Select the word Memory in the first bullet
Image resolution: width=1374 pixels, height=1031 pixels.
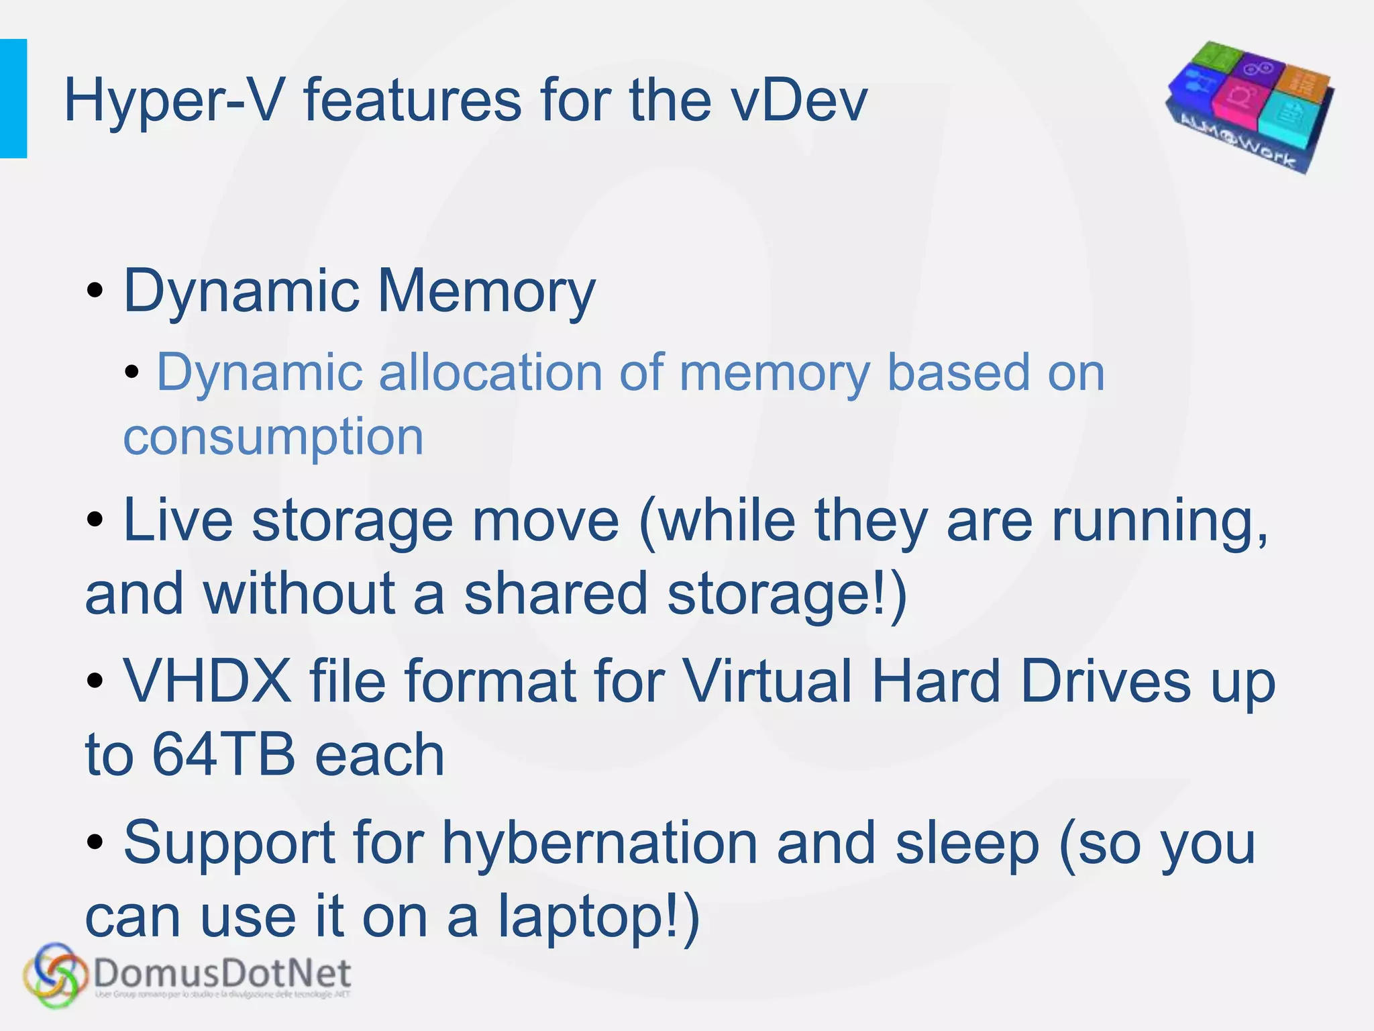[x=486, y=291]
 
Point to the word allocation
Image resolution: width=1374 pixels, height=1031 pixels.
[x=490, y=373]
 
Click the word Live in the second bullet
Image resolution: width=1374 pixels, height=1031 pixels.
[x=178, y=521]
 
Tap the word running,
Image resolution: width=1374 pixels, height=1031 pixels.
[x=1160, y=521]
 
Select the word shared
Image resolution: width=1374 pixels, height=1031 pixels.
[x=556, y=593]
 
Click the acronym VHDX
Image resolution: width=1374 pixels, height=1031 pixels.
[x=207, y=681]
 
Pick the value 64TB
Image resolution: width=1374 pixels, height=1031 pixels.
[x=223, y=754]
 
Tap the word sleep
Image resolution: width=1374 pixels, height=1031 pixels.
[x=967, y=844]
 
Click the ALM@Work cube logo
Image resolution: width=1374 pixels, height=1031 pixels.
[x=1250, y=105]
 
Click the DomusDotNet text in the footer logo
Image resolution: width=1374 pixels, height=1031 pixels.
[x=222, y=974]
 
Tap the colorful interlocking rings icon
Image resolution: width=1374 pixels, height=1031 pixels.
[x=55, y=975]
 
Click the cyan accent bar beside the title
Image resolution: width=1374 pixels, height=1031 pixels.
[x=13, y=99]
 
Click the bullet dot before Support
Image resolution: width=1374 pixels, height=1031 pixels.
[x=95, y=842]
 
